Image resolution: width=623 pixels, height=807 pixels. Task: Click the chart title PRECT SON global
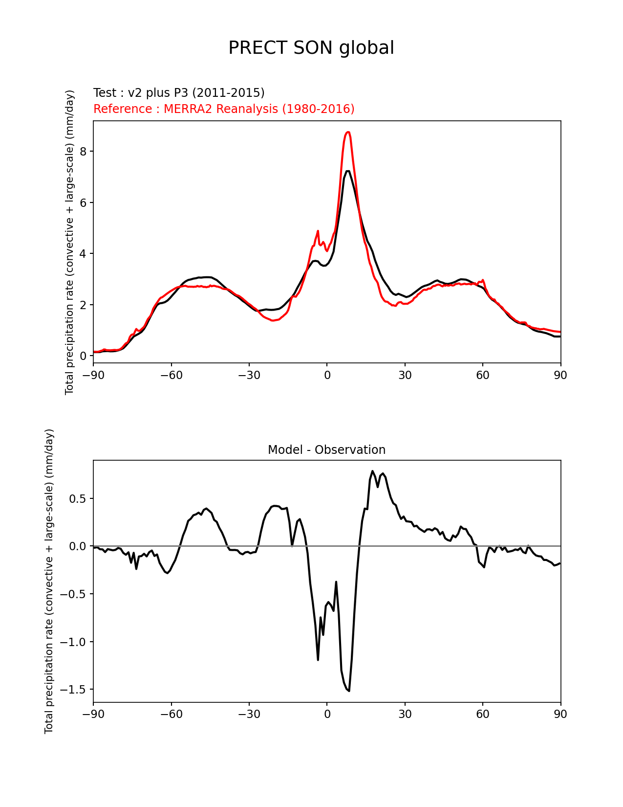click(311, 48)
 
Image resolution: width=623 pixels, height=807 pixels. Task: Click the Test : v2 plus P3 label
click(179, 93)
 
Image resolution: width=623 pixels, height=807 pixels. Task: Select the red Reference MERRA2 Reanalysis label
click(224, 109)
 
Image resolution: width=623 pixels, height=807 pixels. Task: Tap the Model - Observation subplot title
click(326, 450)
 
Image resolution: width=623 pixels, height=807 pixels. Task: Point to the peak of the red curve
click(348, 132)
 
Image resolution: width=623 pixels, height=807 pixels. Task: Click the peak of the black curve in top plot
click(348, 171)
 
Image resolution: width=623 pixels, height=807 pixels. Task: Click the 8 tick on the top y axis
click(83, 152)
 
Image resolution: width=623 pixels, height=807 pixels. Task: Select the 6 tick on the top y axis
click(83, 202)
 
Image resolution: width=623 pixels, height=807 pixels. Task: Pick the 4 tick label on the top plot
click(83, 254)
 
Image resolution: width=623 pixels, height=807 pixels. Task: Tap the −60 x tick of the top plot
click(171, 375)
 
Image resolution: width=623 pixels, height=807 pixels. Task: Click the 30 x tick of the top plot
click(405, 375)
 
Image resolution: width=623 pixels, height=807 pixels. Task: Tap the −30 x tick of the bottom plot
click(249, 715)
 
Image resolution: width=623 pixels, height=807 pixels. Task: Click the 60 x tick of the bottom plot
click(483, 715)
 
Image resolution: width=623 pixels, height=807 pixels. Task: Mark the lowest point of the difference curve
click(349, 691)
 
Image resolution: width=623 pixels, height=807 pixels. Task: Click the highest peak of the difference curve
click(372, 471)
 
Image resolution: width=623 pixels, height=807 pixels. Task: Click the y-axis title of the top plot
click(70, 242)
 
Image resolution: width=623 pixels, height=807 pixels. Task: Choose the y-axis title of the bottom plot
click(49, 581)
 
